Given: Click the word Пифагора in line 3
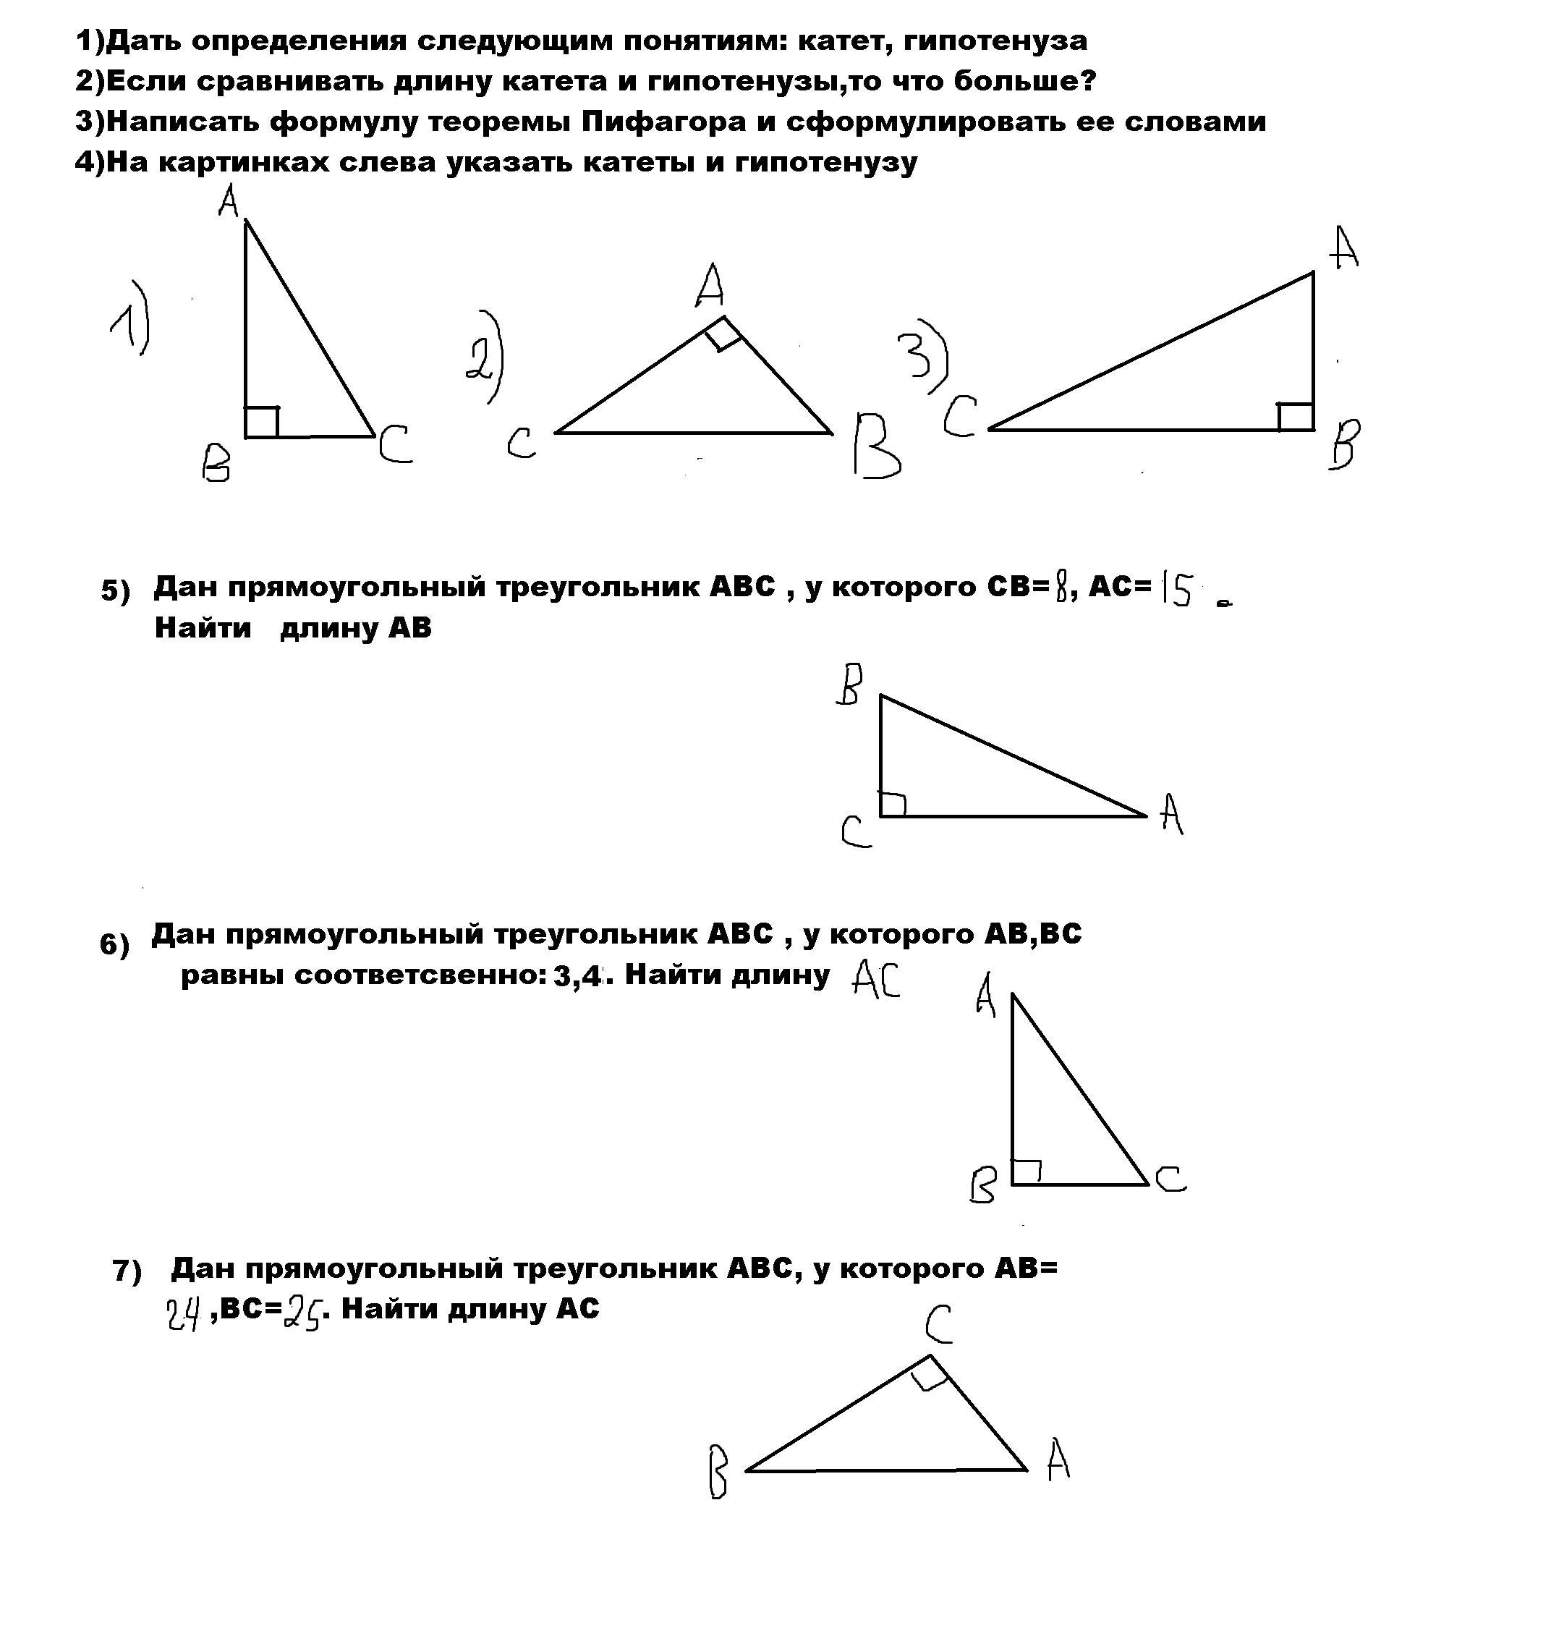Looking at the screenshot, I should click(x=663, y=122).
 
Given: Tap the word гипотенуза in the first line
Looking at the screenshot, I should click(x=995, y=41).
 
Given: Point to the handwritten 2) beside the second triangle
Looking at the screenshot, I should click(x=485, y=357).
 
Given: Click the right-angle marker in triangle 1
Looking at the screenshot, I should click(x=261, y=422).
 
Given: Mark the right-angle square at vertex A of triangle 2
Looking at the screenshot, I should click(x=723, y=334).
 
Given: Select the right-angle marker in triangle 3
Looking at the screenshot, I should click(x=1296, y=417).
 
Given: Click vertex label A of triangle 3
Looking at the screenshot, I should click(x=1345, y=248).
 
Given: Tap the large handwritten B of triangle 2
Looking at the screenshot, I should click(x=875, y=446).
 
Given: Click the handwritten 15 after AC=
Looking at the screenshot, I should click(x=1176, y=590).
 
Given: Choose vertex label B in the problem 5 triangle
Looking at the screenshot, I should click(x=849, y=685).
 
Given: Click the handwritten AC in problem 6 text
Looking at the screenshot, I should click(x=875, y=980).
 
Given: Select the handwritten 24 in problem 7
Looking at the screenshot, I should click(x=184, y=1313).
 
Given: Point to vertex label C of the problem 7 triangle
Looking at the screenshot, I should click(x=938, y=1324).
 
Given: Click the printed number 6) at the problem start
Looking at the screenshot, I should click(x=115, y=944).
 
